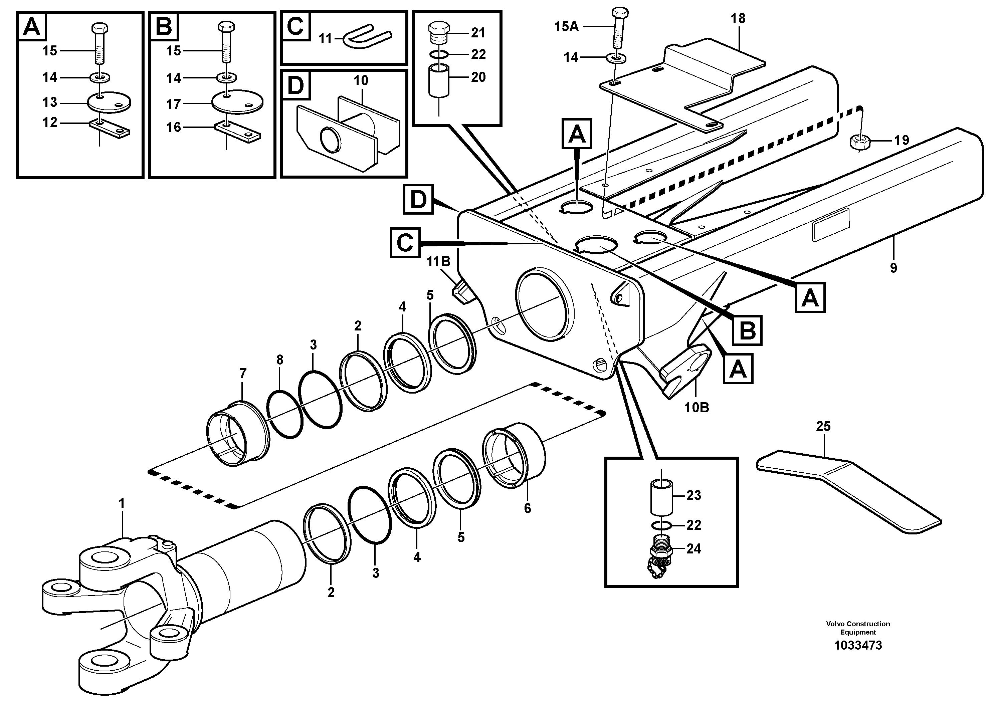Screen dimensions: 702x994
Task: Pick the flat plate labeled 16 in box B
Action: [x=237, y=131]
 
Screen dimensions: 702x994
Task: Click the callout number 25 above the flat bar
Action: [x=823, y=426]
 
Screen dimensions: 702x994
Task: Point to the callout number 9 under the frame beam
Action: [x=893, y=268]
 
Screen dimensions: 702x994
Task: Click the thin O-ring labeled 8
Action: [x=284, y=413]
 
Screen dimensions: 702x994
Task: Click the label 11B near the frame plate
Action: [x=438, y=261]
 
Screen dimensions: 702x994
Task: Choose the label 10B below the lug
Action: [x=696, y=408]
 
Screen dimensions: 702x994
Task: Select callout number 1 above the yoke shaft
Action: [x=122, y=503]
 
